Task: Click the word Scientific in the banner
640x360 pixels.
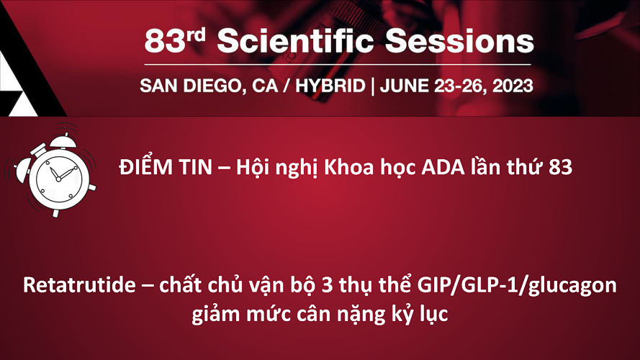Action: click(295, 41)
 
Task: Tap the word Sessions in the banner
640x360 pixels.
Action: click(459, 41)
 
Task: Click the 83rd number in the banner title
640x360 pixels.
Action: click(175, 41)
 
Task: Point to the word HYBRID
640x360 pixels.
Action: click(330, 86)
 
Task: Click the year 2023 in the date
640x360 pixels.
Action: click(513, 86)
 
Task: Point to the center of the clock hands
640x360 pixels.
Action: click(58, 179)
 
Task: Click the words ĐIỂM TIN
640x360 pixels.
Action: click(166, 167)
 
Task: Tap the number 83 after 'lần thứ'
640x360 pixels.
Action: click(560, 167)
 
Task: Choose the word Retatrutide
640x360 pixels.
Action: click(79, 284)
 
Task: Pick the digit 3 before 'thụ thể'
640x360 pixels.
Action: click(327, 285)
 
